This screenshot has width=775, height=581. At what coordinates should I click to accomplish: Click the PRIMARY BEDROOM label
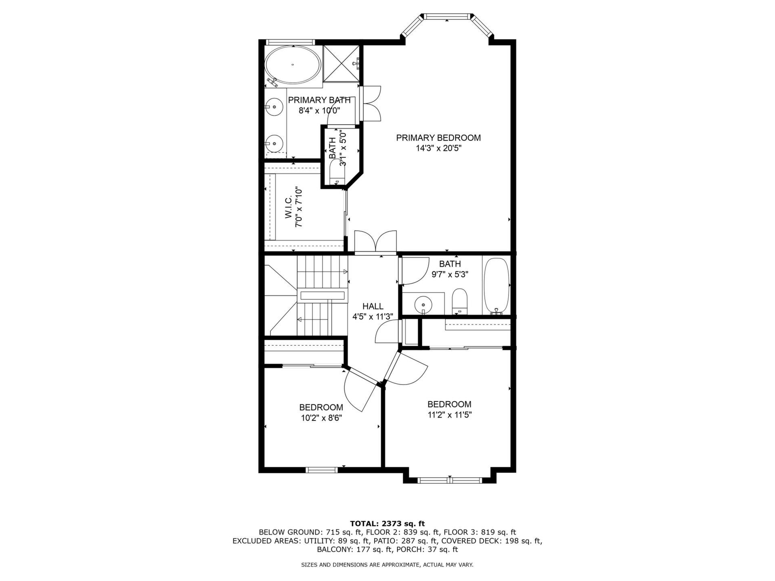click(x=438, y=138)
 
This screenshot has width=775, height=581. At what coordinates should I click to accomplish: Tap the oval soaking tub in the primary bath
click(x=293, y=65)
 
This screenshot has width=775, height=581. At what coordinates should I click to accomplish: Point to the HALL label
click(x=373, y=307)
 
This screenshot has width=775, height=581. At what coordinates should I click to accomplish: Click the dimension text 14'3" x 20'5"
click(x=439, y=148)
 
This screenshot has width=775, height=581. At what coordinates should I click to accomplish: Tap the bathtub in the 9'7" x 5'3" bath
click(x=496, y=286)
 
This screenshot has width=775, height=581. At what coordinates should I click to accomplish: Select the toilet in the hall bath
click(x=459, y=301)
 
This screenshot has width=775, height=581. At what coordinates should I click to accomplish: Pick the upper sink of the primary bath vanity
click(x=274, y=107)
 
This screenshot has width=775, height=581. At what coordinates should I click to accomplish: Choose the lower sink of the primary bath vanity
click(x=274, y=142)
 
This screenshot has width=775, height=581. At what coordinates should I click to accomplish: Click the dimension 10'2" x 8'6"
click(x=321, y=418)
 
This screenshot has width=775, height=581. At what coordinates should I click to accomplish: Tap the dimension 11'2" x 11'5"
click(x=450, y=415)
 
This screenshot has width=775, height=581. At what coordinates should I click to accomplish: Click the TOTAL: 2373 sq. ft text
click(x=387, y=524)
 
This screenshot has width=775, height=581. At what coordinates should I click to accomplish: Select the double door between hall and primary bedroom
click(x=375, y=242)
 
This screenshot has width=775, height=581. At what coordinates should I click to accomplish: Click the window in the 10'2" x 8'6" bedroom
click(x=321, y=470)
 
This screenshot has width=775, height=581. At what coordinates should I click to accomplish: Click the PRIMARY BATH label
click(x=319, y=100)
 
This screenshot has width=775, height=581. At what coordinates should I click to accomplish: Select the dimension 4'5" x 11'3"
click(x=373, y=317)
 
